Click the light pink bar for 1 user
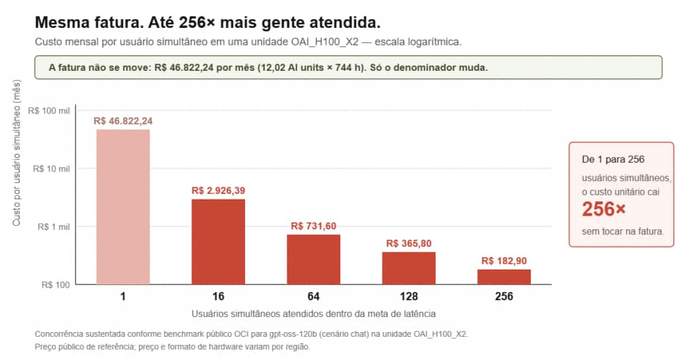123,207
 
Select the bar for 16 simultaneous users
218,242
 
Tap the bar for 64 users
313,259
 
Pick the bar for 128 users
409,268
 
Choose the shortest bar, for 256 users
504,277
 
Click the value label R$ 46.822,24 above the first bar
123,121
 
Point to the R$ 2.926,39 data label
218,191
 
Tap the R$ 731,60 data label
313,226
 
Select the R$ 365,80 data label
409,244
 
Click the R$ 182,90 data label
504,261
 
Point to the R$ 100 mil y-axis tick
49,111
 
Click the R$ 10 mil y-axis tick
51,169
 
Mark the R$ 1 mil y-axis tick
53,227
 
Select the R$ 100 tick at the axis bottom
56,285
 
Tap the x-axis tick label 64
313,297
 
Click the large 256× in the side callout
604,209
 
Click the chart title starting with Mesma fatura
208,22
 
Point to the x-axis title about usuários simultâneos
313,314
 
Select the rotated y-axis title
16,153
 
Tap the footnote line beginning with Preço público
172,346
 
